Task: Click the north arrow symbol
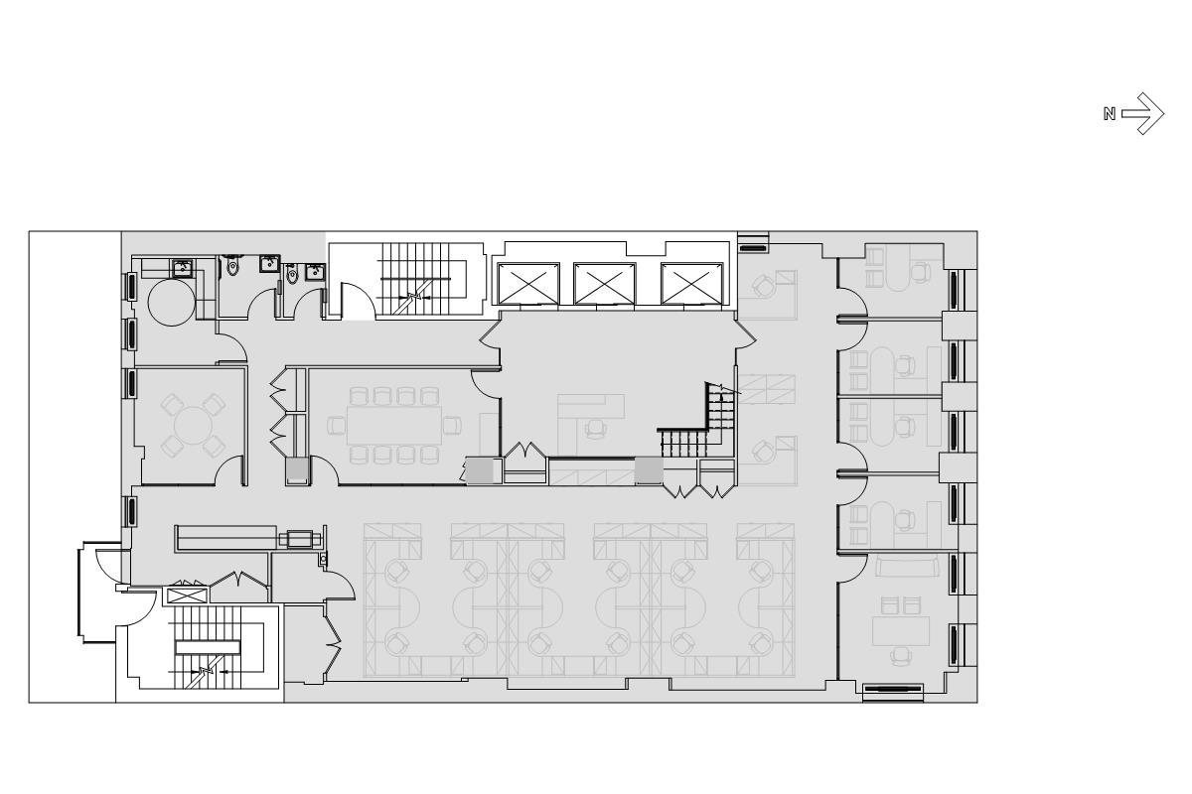1142,113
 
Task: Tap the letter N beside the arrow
1109,114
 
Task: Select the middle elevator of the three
605,284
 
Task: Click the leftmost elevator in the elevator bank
528,284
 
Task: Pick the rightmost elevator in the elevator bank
691,284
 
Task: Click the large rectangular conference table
394,425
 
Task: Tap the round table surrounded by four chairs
193,426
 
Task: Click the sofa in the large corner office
907,567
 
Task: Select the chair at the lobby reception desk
596,428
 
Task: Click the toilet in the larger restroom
232,265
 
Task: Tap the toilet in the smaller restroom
293,273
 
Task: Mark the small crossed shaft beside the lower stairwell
187,595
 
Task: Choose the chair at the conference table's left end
337,426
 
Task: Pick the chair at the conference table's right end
452,426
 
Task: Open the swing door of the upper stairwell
358,301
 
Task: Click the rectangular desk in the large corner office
901,630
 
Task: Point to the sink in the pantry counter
182,269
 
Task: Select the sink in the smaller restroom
315,271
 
